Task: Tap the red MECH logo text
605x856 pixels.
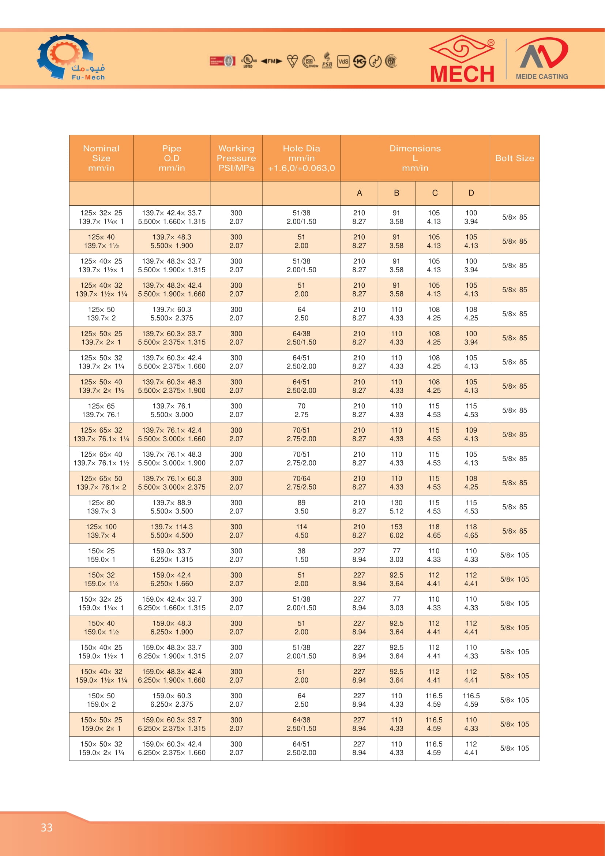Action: [x=462, y=74]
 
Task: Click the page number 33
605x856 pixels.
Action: [x=46, y=828]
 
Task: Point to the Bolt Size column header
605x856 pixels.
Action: [x=515, y=158]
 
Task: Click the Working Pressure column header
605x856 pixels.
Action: [x=236, y=158]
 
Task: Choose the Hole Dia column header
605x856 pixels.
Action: [x=301, y=158]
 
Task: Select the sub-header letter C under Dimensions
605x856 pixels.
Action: [x=435, y=193]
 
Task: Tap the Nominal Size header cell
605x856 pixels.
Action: [x=101, y=158]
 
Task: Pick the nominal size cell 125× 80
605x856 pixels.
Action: [x=101, y=507]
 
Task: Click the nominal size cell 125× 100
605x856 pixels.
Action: [x=101, y=531]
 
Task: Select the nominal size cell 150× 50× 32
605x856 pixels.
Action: [x=101, y=748]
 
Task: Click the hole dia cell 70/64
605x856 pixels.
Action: [x=301, y=482]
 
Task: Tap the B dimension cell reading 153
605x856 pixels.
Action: [x=397, y=531]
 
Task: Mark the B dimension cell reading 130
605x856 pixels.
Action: [x=397, y=507]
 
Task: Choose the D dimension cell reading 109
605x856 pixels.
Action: [x=471, y=434]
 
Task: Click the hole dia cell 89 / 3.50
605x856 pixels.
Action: [x=301, y=507]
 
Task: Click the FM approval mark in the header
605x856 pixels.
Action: [x=271, y=61]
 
